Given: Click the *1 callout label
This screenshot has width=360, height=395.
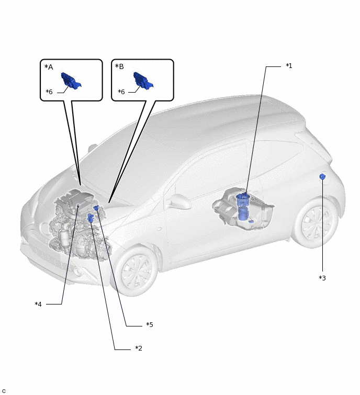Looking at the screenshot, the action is (289, 66).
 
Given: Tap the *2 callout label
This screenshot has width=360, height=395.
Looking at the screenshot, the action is (139, 348).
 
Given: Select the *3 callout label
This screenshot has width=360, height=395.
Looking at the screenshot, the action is (322, 278).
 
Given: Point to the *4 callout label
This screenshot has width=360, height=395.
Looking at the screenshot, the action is (38, 304).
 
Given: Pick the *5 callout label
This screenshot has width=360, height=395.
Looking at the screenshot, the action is (150, 324).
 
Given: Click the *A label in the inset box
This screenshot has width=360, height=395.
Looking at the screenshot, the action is (49, 67).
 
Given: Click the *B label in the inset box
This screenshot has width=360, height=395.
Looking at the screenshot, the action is (119, 66).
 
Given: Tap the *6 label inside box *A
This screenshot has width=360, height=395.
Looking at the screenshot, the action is (49, 92).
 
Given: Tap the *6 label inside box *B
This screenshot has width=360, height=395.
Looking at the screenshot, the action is (121, 92).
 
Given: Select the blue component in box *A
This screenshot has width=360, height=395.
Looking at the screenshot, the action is (71, 81).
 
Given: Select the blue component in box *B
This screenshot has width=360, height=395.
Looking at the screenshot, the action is (143, 81).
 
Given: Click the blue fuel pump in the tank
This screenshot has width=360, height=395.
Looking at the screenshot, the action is (244, 207).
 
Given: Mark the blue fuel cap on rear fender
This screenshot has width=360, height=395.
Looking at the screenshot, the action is (322, 176).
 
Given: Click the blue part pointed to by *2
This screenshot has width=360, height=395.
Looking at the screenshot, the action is (90, 218).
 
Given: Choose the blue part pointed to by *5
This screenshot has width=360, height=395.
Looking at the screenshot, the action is (96, 208).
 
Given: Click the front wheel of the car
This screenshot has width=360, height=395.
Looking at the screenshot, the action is (136, 270).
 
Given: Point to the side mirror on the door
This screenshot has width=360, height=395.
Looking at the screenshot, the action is (179, 201).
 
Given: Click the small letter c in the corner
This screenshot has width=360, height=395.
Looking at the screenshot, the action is (4, 391).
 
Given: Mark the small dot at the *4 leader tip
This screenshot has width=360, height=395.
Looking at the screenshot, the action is (78, 206).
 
